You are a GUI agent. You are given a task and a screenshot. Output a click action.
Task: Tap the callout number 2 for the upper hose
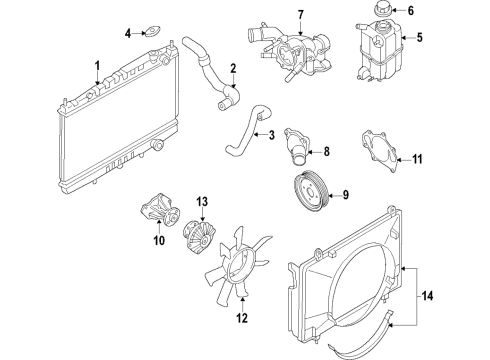[234, 69]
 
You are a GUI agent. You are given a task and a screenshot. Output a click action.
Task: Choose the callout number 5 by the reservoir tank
[421, 40]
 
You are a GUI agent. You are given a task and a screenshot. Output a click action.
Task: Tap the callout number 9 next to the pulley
[345, 194]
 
